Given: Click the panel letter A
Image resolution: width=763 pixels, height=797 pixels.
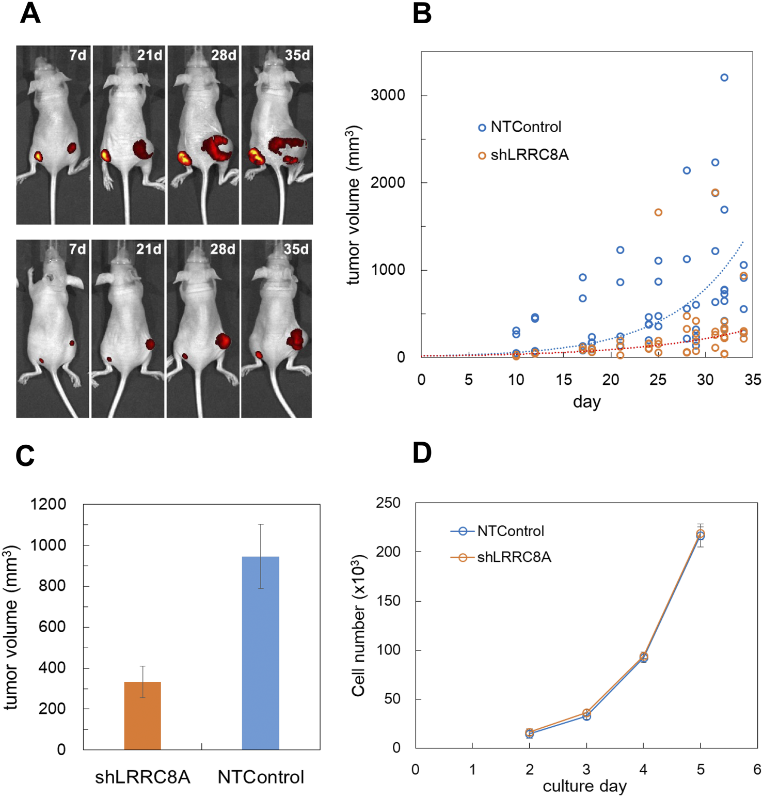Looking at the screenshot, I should click(30, 13).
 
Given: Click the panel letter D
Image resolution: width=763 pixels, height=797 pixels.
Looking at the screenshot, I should click(422, 453).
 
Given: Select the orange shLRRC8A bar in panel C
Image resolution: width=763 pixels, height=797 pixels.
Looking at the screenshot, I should click(142, 715).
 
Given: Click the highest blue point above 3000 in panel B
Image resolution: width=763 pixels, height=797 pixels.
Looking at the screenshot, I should click(724, 77).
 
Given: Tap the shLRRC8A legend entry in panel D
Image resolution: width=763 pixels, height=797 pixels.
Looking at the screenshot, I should click(514, 557).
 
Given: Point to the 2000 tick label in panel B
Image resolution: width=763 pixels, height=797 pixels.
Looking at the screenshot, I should click(388, 183).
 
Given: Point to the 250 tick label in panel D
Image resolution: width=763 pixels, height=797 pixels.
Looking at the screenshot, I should click(388, 503).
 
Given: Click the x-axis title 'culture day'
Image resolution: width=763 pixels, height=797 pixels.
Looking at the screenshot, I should click(584, 786).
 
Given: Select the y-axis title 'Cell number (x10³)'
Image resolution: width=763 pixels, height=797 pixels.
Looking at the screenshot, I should click(358, 626).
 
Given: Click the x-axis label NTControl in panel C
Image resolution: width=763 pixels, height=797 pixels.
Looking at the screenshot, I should click(261, 777).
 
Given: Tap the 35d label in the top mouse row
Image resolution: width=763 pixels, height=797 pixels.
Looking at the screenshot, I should click(297, 55).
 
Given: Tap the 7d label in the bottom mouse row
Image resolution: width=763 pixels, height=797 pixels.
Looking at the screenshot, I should click(77, 249).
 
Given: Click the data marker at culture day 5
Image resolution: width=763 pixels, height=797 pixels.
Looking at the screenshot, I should click(700, 535).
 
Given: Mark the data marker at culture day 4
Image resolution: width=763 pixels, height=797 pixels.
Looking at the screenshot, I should click(643, 657).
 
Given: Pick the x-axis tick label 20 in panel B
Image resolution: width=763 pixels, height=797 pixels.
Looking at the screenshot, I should click(611, 380).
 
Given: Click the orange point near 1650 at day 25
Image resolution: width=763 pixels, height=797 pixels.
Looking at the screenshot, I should click(658, 212).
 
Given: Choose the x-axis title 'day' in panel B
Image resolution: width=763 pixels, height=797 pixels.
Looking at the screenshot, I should click(586, 402).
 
